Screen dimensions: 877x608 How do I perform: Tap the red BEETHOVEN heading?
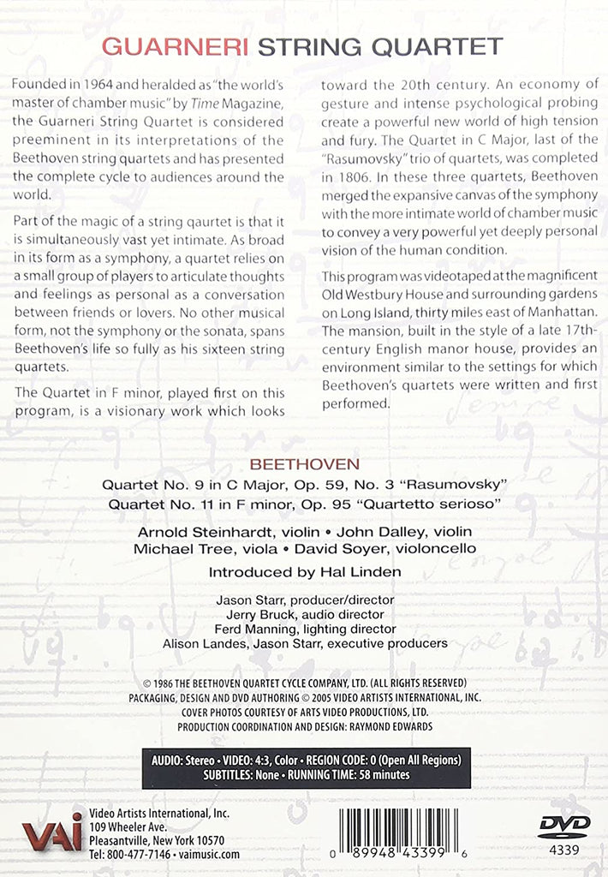(303, 464)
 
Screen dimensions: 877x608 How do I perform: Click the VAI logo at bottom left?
(52, 832)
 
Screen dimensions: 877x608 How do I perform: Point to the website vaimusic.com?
(209, 854)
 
